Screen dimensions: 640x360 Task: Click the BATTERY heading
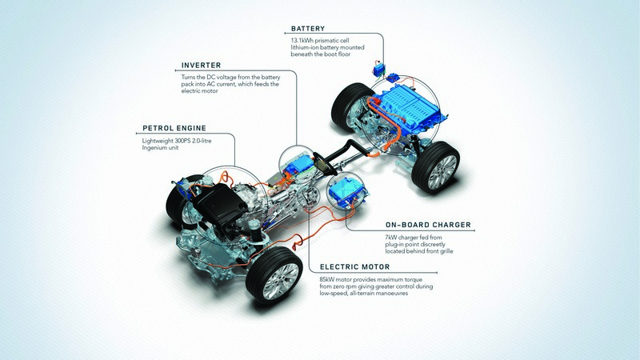click(x=308, y=29)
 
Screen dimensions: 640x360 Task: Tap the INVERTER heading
click(x=201, y=66)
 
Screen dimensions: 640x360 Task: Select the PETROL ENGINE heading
click(x=174, y=128)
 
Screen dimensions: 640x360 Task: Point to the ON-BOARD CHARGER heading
click(x=428, y=225)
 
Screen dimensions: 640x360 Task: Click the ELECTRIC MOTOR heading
click(x=354, y=267)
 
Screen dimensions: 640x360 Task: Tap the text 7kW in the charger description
click(x=390, y=238)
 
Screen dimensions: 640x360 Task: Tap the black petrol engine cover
click(x=220, y=203)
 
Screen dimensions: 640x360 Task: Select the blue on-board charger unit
click(x=346, y=190)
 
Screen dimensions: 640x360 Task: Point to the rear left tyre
click(x=350, y=108)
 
